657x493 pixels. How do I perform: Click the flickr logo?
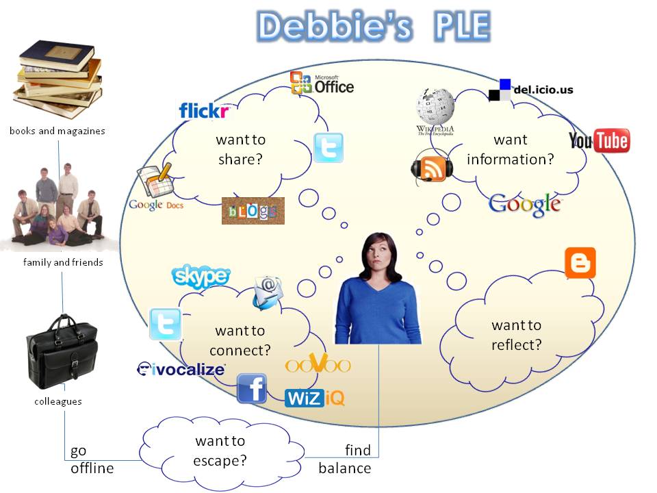[204, 111]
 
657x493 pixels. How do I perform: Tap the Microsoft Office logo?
[322, 83]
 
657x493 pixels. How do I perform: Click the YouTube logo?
[600, 140]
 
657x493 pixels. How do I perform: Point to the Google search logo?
[525, 205]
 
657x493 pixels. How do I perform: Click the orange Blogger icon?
[580, 263]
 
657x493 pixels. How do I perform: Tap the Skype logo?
[201, 276]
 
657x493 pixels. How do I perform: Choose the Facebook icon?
[252, 388]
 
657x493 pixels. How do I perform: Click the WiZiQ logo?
[315, 398]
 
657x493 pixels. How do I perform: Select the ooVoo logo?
[318, 364]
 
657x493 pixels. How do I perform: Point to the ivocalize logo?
[181, 369]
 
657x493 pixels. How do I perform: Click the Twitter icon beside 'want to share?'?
[329, 148]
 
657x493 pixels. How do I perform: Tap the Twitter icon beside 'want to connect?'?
[166, 324]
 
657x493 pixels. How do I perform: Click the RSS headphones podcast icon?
[432, 168]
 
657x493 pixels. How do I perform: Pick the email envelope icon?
[268, 292]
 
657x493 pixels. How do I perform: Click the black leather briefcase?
[62, 352]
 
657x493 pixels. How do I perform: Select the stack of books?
[59, 79]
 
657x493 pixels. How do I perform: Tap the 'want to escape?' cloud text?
[220, 451]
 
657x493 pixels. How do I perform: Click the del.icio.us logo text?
[543, 89]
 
